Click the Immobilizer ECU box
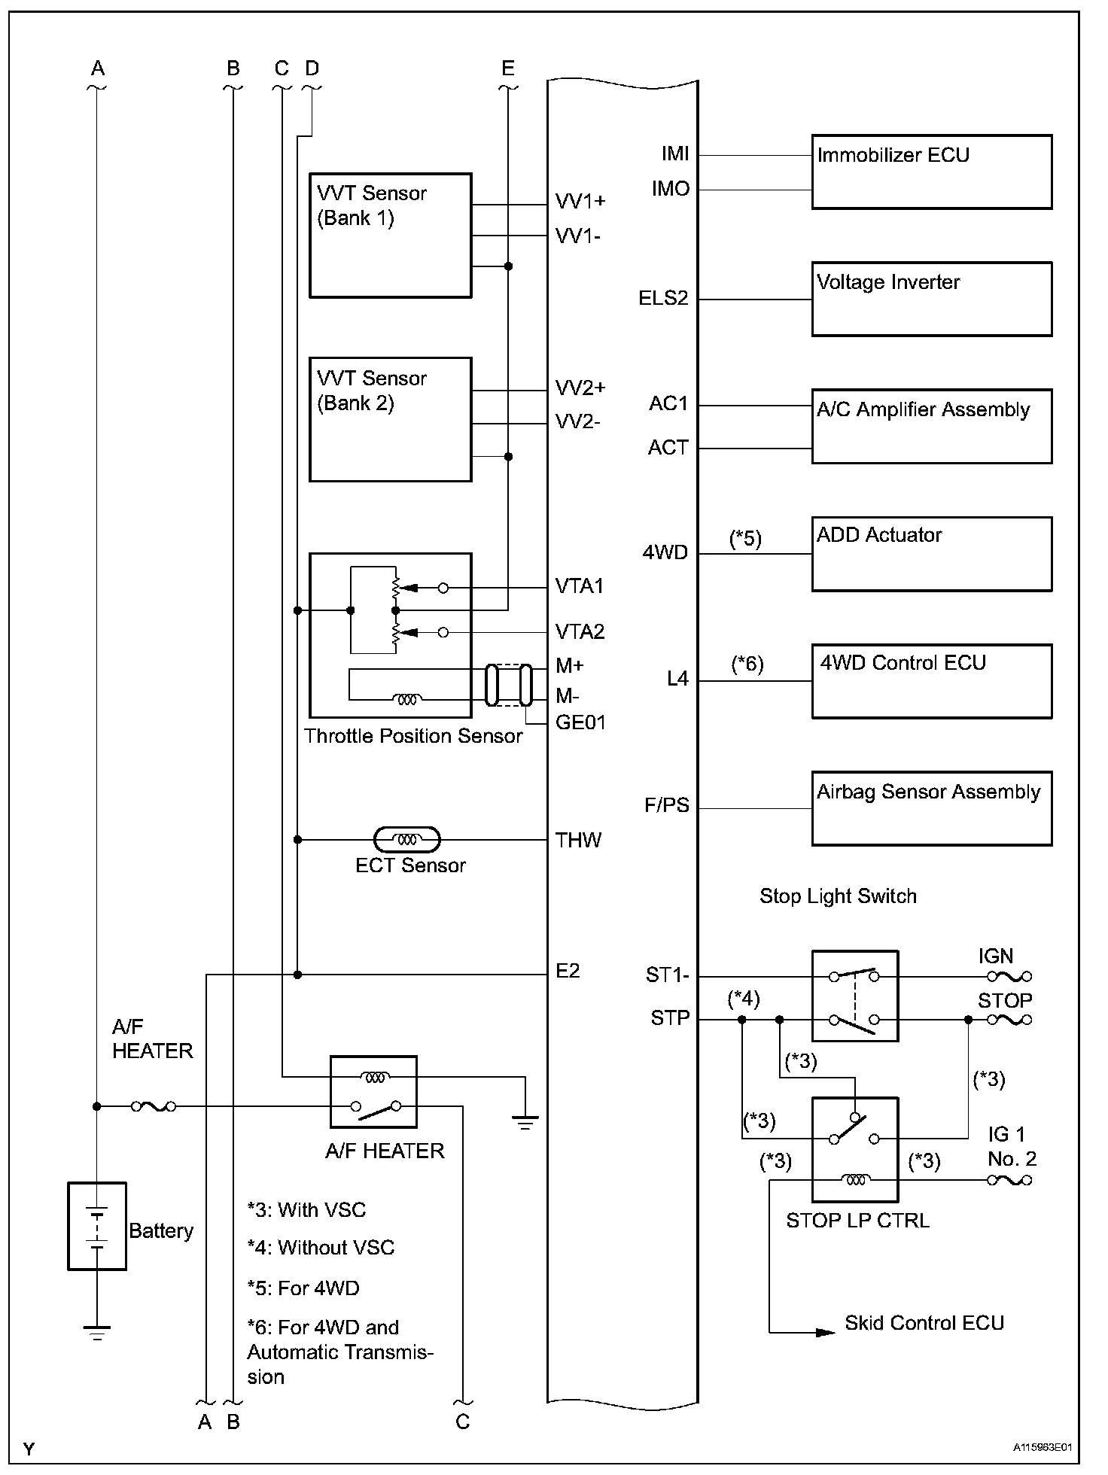coord(931,172)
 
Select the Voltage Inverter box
coord(931,299)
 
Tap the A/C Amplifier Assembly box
coord(931,426)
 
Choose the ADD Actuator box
coord(931,554)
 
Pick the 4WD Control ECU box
coord(931,681)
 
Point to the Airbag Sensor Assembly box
coord(931,808)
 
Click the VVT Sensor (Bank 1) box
coord(390,236)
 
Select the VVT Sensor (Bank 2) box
coord(390,419)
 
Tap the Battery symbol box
coord(97,1226)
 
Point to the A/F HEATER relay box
coord(373,1091)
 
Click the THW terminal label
coord(578,840)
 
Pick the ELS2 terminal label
coord(663,299)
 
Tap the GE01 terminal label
coord(580,722)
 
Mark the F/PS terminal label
coord(667,805)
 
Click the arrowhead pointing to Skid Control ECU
coord(826,1332)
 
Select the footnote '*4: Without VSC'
coord(321,1247)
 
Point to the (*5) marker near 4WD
coord(746,538)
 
